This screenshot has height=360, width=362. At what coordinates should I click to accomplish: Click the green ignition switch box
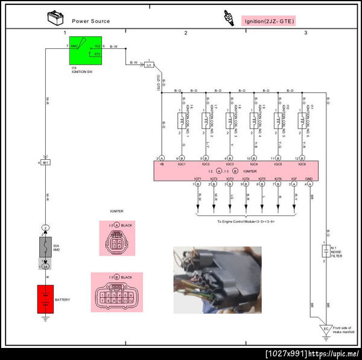point(85,51)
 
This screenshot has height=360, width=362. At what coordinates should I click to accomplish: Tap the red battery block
point(45,299)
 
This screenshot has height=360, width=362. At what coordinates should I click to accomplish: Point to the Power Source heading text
point(91,21)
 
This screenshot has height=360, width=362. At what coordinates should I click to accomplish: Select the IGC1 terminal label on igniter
point(180,164)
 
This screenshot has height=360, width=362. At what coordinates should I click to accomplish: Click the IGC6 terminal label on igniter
point(302,164)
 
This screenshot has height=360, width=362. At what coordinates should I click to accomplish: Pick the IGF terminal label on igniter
point(294,179)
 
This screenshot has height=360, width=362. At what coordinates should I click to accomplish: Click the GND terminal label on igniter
point(309,179)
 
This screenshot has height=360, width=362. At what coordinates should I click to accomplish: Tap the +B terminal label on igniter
point(161,164)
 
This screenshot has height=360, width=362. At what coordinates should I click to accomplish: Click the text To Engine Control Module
point(246,221)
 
